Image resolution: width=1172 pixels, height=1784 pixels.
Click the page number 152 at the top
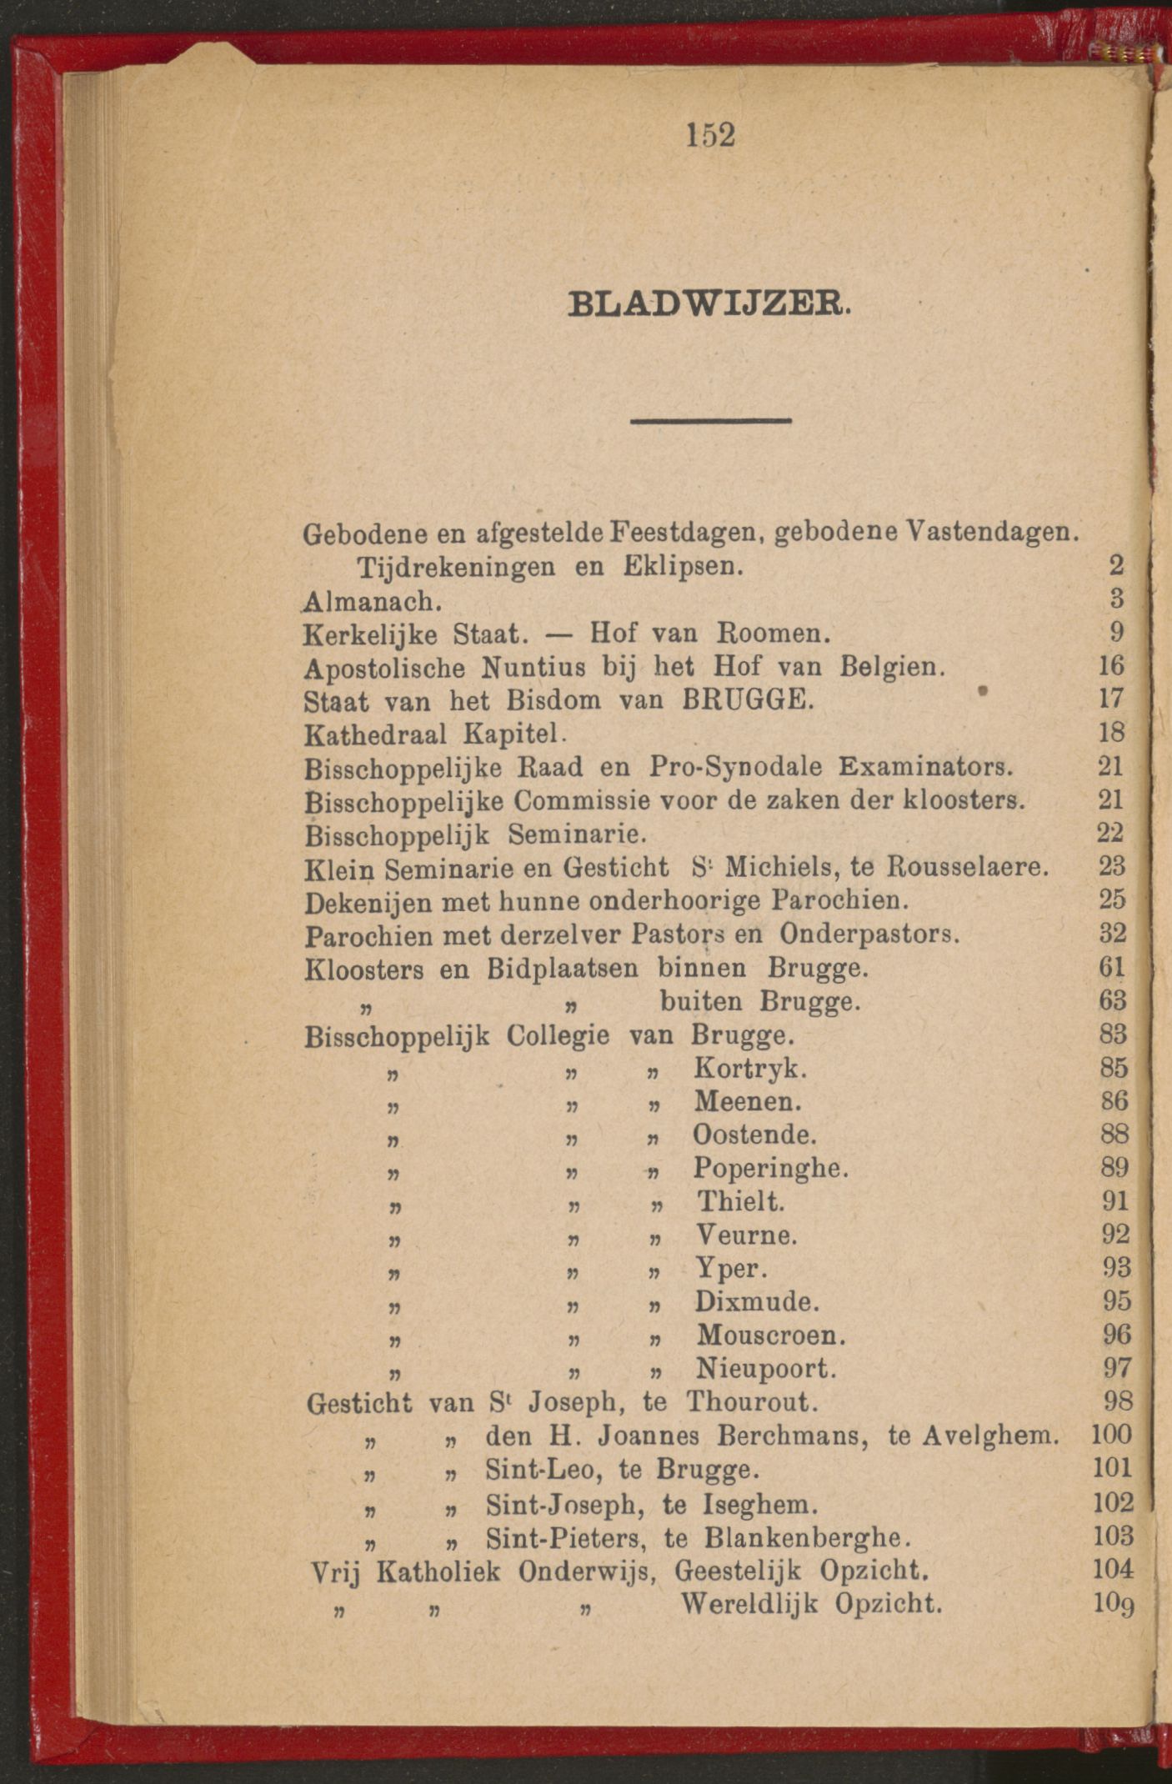pos(711,135)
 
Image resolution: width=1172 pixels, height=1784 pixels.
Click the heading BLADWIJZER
pos(708,303)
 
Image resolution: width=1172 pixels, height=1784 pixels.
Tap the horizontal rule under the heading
pos(710,421)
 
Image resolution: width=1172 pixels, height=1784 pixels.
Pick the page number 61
pos(1112,967)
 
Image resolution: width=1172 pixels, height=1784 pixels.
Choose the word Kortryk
pos(749,1068)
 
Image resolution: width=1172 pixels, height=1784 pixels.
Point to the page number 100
pos(1111,1435)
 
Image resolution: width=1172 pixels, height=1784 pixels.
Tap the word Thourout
pos(751,1402)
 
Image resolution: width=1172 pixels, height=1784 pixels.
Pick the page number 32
pos(1112,934)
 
